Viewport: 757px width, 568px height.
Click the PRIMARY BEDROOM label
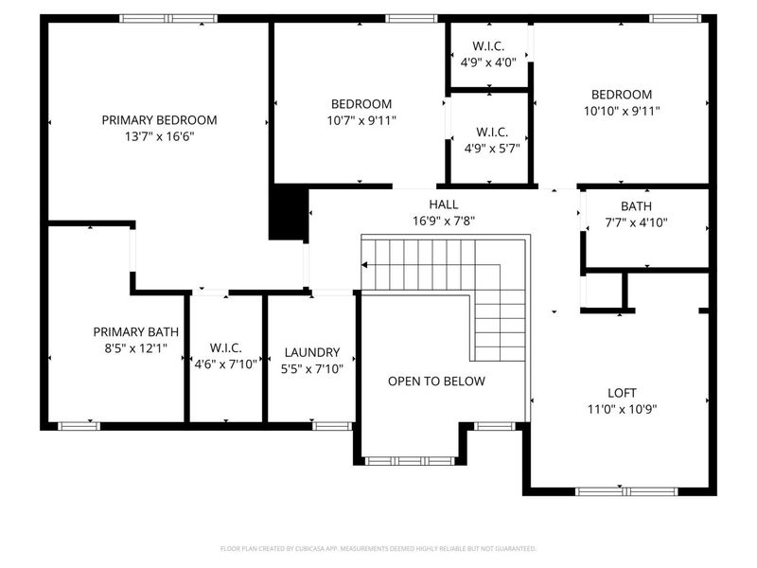[x=159, y=120]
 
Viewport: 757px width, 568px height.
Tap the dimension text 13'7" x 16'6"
[x=159, y=136]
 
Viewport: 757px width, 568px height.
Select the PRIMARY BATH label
[x=131, y=331]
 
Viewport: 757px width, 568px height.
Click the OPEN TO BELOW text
[x=436, y=382]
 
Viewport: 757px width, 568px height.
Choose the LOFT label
[x=622, y=393]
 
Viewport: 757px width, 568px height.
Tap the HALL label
[x=443, y=204]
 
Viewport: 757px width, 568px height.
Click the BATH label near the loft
[x=636, y=206]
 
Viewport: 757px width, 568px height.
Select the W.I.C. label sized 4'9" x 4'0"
[x=489, y=46]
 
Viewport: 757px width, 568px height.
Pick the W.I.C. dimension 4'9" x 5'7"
[x=489, y=148]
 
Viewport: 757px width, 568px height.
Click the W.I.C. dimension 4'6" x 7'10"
[x=225, y=364]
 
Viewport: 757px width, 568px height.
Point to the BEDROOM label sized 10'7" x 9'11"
[x=361, y=104]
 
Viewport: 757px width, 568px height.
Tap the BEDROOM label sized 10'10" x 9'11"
[x=622, y=95]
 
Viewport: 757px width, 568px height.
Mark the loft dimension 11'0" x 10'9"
[x=622, y=410]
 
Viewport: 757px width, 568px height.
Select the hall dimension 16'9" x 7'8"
[x=443, y=222]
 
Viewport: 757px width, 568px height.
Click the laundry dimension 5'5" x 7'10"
[x=313, y=368]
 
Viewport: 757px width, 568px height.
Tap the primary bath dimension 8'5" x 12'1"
[x=131, y=347]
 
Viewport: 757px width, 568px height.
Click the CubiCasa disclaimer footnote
[x=378, y=549]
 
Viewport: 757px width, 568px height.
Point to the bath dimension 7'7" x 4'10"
[x=636, y=223]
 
